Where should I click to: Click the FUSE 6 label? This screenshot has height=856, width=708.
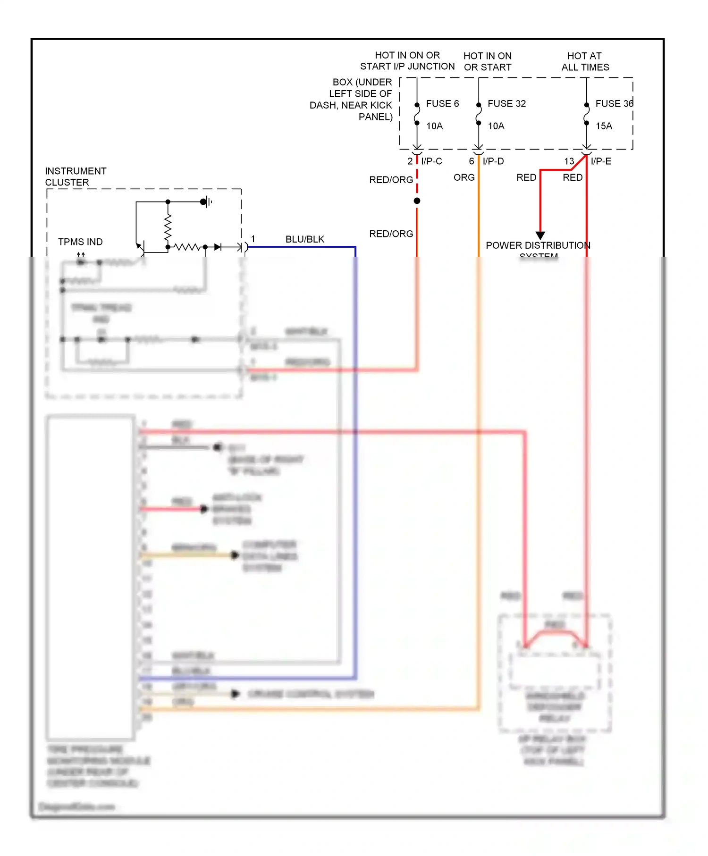click(442, 103)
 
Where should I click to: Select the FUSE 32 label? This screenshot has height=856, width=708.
click(506, 103)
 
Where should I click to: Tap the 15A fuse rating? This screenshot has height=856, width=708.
click(604, 126)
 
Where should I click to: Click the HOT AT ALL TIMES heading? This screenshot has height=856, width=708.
click(585, 61)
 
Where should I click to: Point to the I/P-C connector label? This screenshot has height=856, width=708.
click(431, 161)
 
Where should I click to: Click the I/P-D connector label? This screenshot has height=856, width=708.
click(493, 161)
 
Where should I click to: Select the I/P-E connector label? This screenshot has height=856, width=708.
click(601, 161)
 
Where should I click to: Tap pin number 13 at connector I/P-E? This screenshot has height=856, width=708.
click(569, 161)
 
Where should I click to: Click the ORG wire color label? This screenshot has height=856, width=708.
click(464, 177)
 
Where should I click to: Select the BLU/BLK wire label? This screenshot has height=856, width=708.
click(305, 239)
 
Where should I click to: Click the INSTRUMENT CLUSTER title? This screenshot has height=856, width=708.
click(76, 176)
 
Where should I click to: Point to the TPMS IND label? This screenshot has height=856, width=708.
click(80, 242)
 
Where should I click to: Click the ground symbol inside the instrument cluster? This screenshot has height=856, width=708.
click(206, 202)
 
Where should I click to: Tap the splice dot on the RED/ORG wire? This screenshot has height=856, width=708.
click(417, 201)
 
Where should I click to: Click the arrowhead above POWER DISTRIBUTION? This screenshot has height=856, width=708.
click(540, 235)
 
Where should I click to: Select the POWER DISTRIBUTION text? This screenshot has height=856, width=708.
click(538, 245)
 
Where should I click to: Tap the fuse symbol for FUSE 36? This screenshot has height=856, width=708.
click(587, 114)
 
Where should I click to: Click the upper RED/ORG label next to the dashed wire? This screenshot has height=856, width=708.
click(391, 180)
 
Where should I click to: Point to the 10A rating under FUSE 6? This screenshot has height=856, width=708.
click(434, 126)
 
